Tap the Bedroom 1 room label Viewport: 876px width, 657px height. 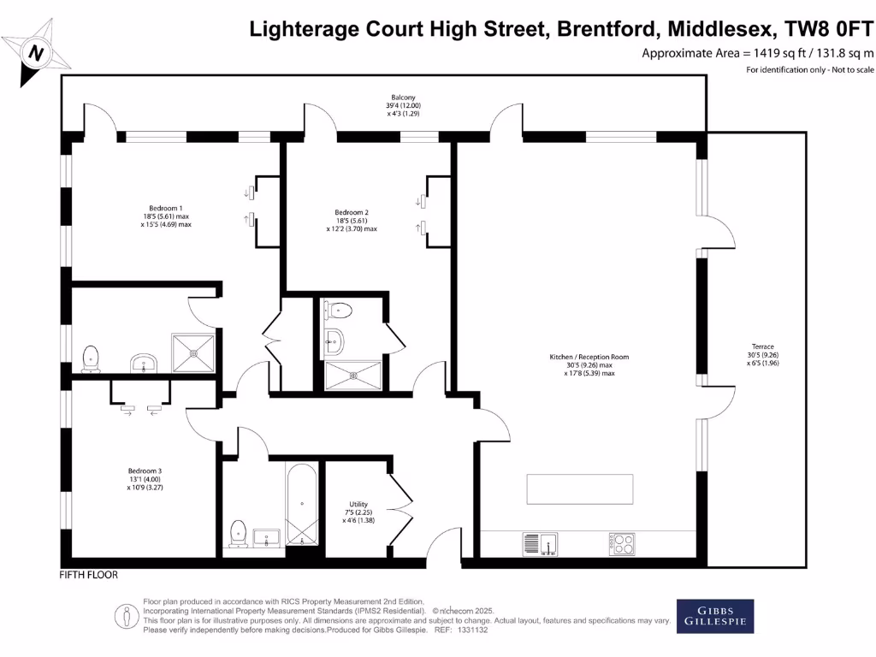[x=166, y=209]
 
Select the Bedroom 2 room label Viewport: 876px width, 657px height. [x=352, y=212]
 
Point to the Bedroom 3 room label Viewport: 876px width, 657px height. [x=145, y=471]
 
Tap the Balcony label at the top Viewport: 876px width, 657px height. [x=403, y=98]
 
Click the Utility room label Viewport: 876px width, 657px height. [x=359, y=504]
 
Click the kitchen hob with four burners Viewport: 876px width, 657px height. [x=622, y=542]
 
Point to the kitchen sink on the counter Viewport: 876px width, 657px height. [x=539, y=542]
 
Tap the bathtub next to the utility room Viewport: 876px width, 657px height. [x=302, y=504]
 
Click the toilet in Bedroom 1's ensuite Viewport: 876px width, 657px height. [x=90, y=358]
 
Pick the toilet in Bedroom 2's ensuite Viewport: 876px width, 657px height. [x=340, y=311]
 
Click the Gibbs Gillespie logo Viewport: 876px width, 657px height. [x=716, y=616]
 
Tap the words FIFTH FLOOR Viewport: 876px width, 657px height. [x=89, y=575]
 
